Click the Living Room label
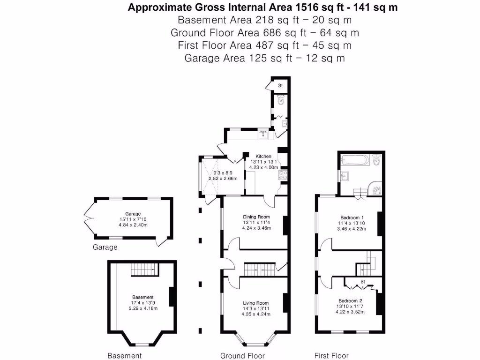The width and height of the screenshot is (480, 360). tap(255, 303)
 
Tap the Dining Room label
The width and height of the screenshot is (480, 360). tap(255, 217)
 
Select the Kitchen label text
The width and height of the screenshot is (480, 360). tap(263, 156)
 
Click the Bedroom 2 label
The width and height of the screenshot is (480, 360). tap(351, 300)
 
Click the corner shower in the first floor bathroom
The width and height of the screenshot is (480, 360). tap(376, 189)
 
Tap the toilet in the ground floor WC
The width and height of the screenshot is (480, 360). tap(281, 100)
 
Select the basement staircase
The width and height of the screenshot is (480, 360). tap(144, 269)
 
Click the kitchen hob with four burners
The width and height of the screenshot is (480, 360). tap(282, 176)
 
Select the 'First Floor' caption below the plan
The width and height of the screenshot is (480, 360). tap(331, 356)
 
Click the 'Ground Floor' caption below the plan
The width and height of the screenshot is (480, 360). tap(242, 356)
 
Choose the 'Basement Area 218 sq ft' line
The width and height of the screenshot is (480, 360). tap(264, 20)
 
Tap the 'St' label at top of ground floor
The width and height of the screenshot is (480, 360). tap(280, 86)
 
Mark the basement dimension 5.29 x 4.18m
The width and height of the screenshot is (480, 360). tap(142, 308)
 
